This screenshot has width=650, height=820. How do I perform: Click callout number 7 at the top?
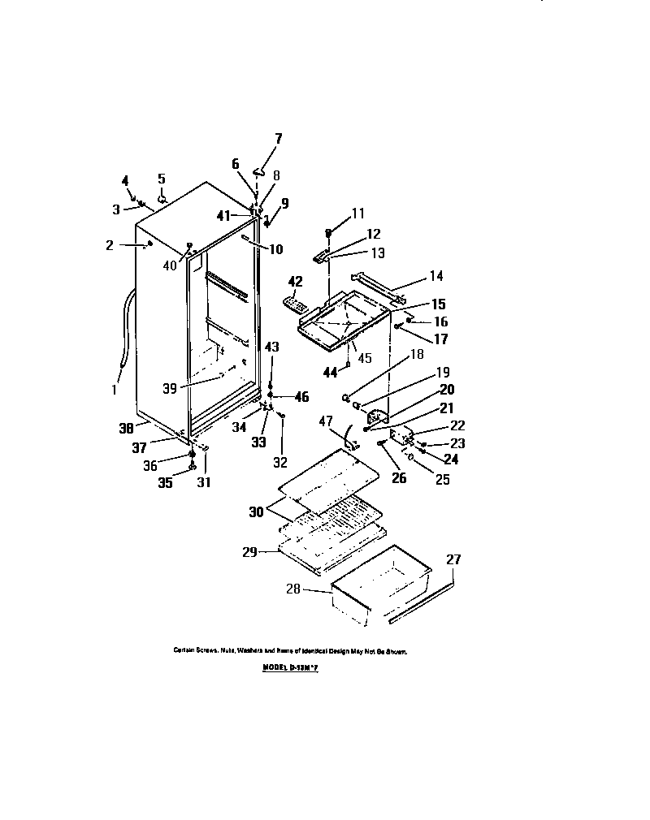point(278,139)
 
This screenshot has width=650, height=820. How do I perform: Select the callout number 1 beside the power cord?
point(115,389)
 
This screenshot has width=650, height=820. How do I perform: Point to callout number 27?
point(453,559)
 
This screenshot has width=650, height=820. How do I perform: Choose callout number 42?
point(295,281)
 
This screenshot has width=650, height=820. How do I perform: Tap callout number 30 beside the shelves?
point(257,511)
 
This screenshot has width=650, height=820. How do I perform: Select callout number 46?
point(301,397)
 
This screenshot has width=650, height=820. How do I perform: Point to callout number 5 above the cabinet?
point(161,179)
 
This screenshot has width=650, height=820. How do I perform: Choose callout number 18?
point(416,354)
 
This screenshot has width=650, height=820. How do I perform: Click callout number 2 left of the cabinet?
point(110,245)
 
